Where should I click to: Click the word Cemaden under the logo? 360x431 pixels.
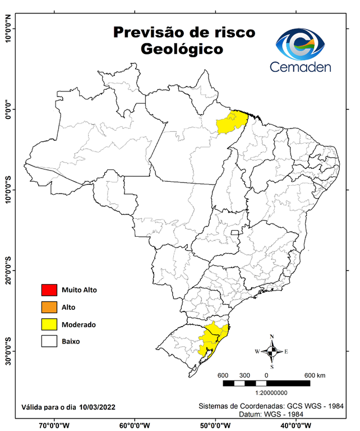[301, 67]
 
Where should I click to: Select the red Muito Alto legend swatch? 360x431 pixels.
[49, 290]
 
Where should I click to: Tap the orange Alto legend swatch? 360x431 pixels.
[49, 307]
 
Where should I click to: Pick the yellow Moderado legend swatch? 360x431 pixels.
[49, 324]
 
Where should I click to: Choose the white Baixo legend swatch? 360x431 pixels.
[49, 341]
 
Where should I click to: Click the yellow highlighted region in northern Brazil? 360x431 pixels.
[232, 122]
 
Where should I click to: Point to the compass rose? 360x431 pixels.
[272, 351]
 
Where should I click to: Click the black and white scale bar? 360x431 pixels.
[266, 383]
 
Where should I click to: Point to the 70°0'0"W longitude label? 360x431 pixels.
[54, 425]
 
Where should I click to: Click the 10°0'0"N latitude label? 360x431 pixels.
[8, 29]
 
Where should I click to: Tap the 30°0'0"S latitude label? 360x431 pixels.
[8, 351]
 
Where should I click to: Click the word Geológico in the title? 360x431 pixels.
[182, 49]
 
